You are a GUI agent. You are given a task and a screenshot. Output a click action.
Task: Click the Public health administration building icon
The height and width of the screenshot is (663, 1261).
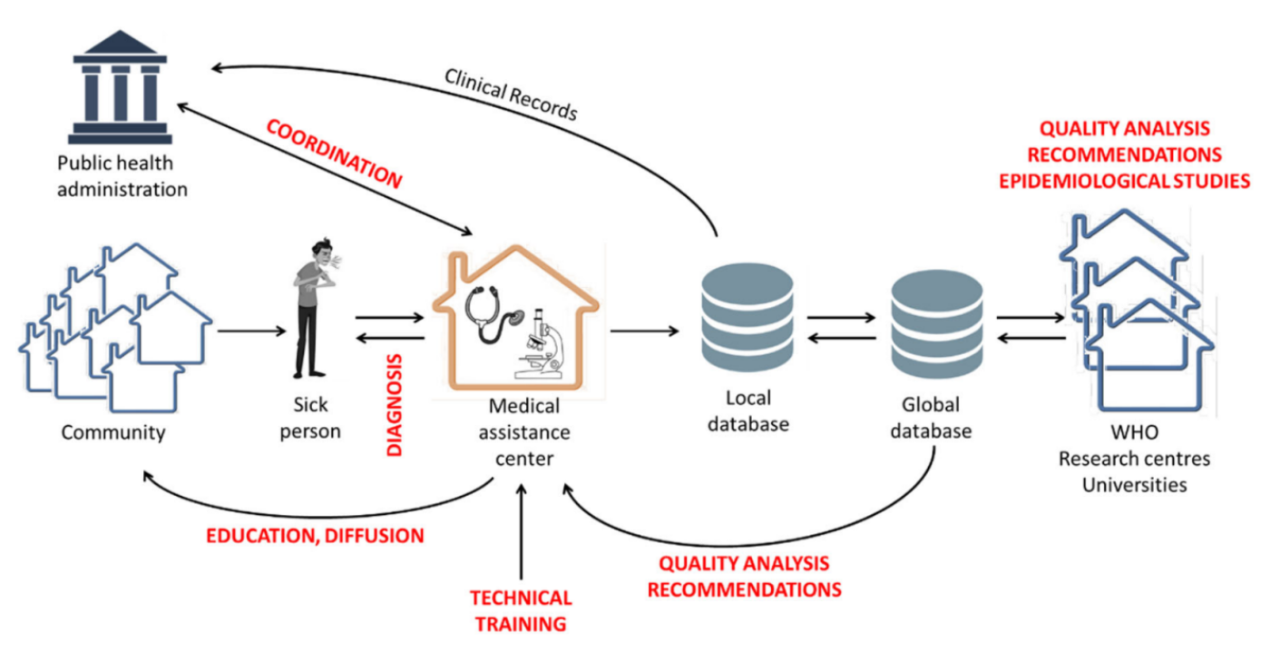click(x=120, y=88)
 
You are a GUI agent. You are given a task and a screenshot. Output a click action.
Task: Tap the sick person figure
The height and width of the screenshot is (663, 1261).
click(x=310, y=309)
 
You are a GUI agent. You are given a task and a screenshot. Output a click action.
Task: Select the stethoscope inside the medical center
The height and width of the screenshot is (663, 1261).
click(x=491, y=313)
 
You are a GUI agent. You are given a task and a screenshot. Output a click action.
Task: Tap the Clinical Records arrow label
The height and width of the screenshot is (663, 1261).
click(x=511, y=94)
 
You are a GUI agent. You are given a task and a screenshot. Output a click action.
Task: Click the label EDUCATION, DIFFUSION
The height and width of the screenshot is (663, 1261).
click(x=315, y=536)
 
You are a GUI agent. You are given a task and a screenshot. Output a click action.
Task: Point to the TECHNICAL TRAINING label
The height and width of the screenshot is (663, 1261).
click(x=521, y=611)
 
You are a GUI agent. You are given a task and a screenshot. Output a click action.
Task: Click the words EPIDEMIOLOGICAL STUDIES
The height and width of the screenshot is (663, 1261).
click(x=1125, y=181)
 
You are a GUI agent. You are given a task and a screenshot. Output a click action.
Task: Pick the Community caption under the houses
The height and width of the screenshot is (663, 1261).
click(x=113, y=432)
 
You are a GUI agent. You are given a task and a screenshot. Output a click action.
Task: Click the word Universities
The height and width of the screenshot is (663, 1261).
click(x=1134, y=484)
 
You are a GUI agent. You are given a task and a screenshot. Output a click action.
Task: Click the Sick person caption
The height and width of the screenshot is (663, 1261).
click(x=310, y=418)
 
